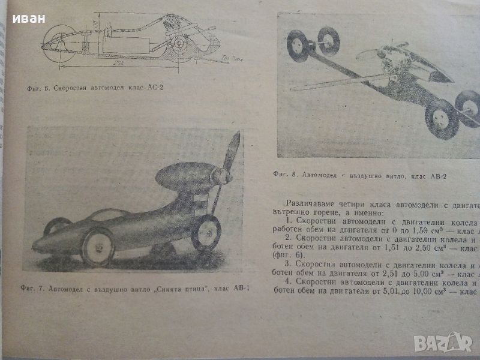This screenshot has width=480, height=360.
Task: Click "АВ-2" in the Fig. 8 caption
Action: (437, 176)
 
